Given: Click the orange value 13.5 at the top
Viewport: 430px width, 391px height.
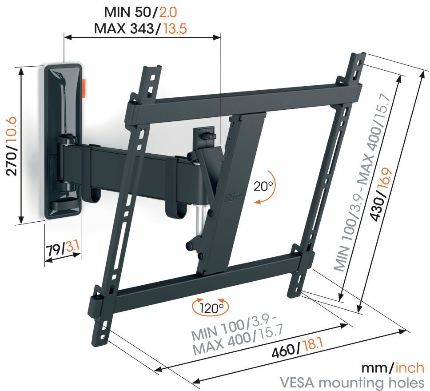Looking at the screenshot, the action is click(175, 28).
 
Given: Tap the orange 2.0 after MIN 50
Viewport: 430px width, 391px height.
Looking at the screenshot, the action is click(168, 12).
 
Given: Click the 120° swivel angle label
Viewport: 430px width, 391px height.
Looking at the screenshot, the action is click(211, 308).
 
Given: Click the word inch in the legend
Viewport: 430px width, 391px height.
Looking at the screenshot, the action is click(410, 368).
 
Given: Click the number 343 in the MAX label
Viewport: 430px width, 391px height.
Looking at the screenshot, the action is click(142, 28).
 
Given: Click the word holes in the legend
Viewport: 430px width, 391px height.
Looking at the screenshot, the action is click(405, 382).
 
